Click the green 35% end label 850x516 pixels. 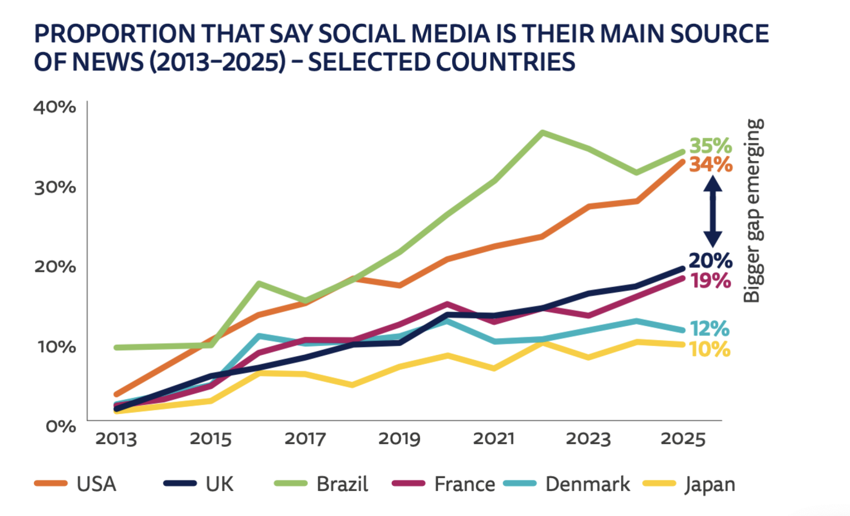[710, 146]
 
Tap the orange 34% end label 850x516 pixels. [711, 165]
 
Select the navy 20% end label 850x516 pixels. [710, 261]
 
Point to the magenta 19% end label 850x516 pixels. [710, 281]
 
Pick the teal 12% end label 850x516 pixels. [709, 329]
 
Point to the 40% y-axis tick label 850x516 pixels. [55, 107]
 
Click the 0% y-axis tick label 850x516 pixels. [61, 426]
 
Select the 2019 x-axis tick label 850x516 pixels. [399, 439]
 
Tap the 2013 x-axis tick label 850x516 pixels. [116, 439]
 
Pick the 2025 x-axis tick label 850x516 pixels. [683, 439]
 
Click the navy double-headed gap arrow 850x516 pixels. [713, 211]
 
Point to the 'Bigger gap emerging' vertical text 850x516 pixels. [753, 210]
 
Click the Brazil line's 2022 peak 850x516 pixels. [542, 133]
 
